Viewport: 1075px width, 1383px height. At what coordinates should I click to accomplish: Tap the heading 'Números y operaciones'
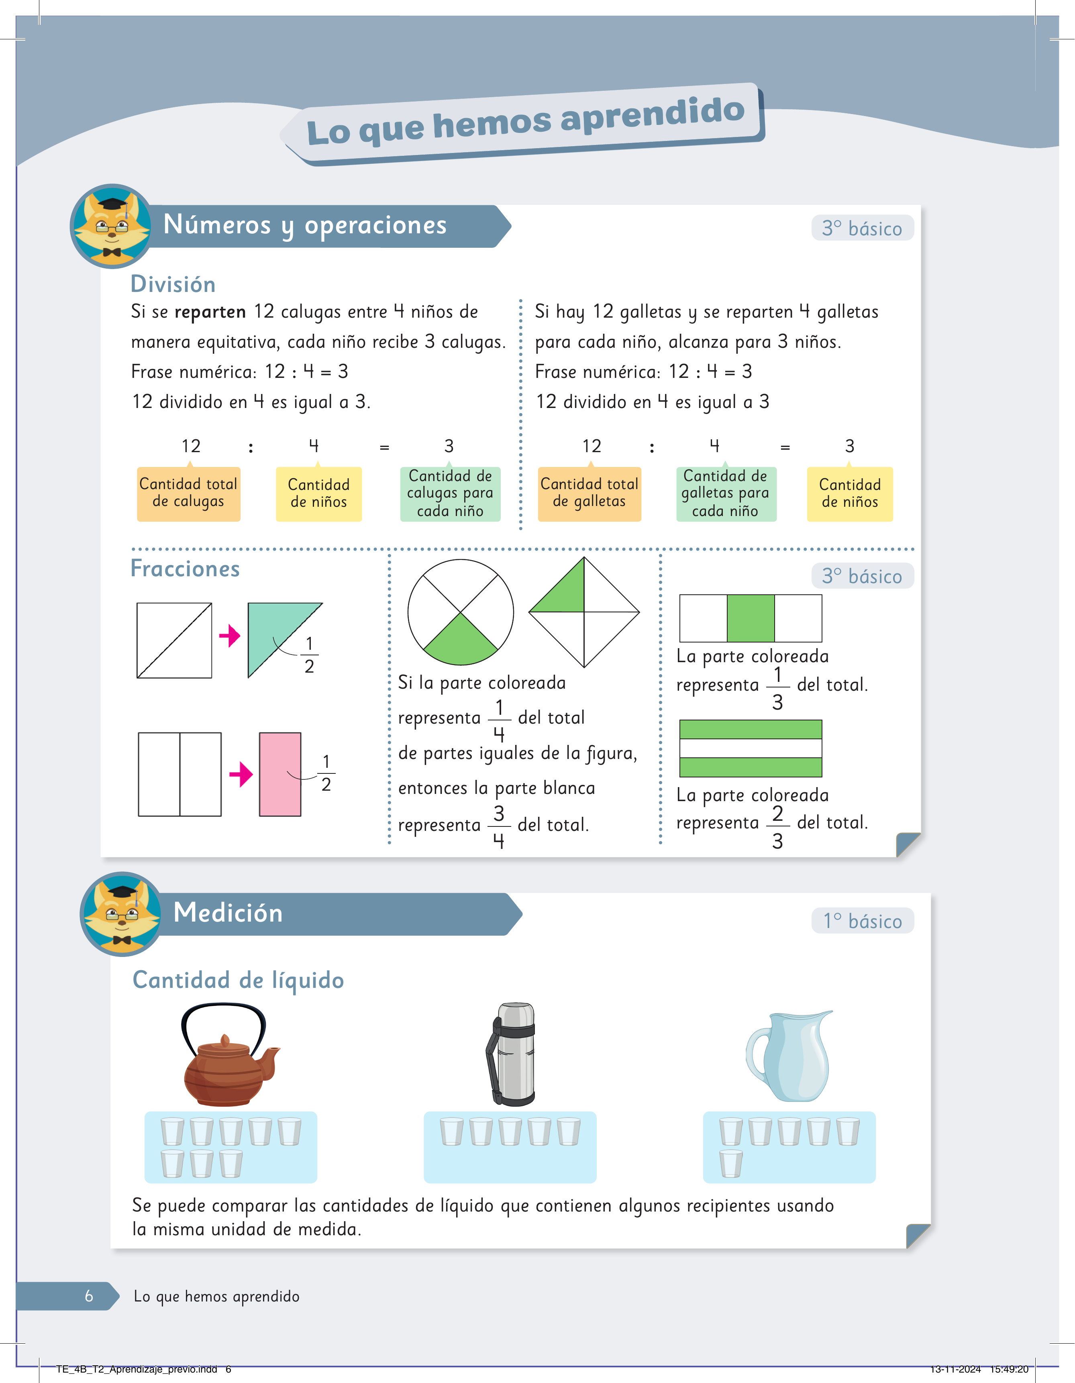click(x=305, y=225)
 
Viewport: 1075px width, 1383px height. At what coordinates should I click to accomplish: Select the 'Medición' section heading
click(x=228, y=912)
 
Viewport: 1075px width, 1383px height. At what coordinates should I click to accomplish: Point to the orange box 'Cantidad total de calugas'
click(x=189, y=493)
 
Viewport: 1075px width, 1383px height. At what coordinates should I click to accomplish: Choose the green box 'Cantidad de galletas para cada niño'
click(x=726, y=493)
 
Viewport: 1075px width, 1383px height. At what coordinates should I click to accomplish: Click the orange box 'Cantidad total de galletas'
click(x=590, y=493)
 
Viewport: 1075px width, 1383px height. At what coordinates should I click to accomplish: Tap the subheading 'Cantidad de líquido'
click(x=238, y=980)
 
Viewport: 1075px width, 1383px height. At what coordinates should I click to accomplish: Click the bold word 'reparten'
click(x=210, y=312)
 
